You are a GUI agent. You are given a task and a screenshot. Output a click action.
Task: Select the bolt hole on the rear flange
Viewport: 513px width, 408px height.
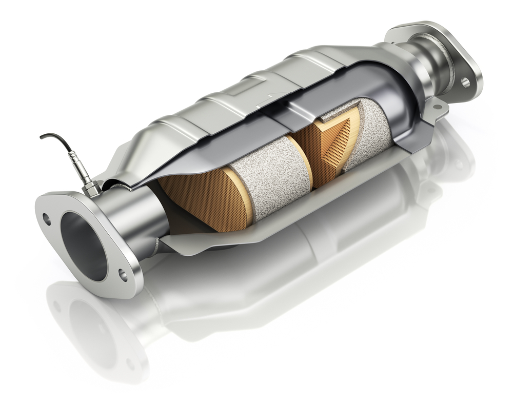click(466, 82)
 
